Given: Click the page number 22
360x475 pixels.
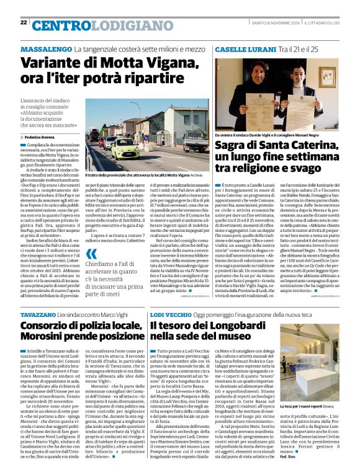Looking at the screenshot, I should coord(24,22).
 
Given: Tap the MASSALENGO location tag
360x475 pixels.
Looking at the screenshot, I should coord(45,49).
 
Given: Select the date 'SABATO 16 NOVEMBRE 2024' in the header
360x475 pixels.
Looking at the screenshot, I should coord(277,23).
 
